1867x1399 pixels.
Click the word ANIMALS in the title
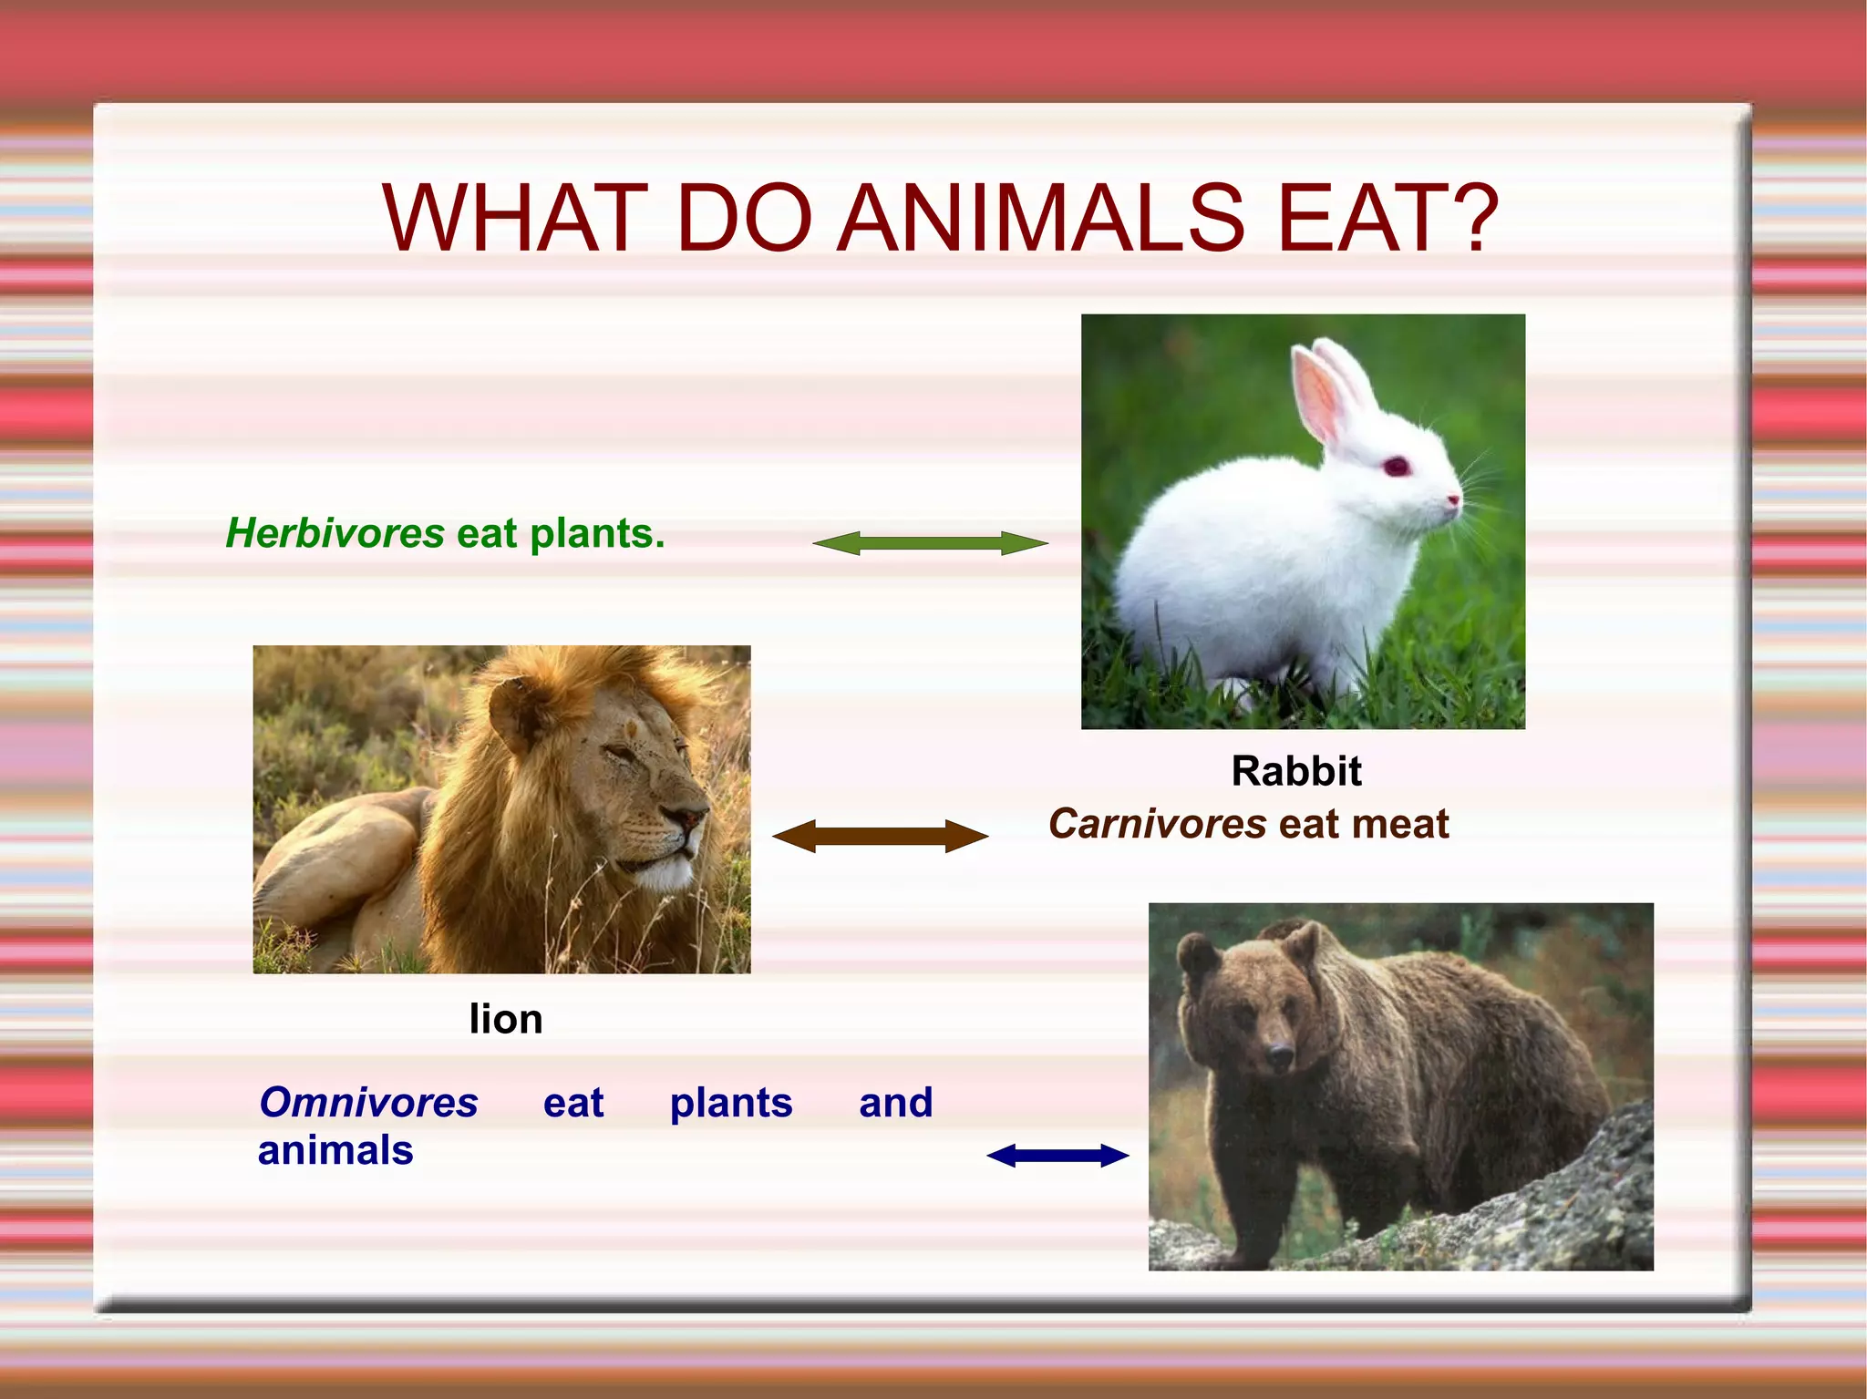1040,219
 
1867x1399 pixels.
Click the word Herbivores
335,534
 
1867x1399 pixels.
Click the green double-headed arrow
930,544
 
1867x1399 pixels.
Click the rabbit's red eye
1396,468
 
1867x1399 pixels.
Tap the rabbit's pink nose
1453,499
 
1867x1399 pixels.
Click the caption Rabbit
1295,772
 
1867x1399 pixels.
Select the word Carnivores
1157,825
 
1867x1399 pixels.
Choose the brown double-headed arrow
880,837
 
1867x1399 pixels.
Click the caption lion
506,1020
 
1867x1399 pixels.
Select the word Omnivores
368,1104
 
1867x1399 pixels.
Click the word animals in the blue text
335,1151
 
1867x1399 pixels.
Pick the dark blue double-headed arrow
1057,1157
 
